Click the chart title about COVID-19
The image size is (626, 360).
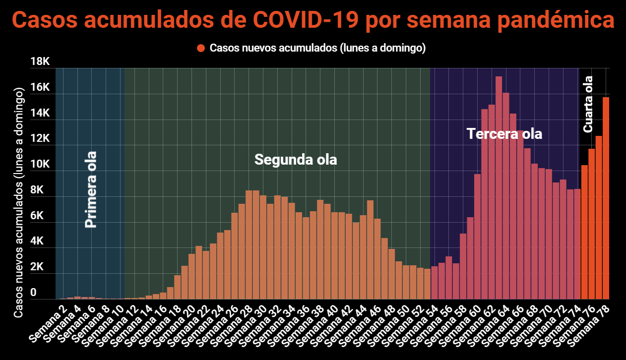(x=313, y=21)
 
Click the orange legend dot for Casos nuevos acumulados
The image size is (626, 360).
(x=201, y=48)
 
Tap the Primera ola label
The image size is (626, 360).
(x=90, y=189)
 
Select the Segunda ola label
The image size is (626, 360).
(x=296, y=160)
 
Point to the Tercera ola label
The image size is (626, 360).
(x=504, y=134)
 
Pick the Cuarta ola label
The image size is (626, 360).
(x=588, y=104)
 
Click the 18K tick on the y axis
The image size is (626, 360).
(x=40, y=61)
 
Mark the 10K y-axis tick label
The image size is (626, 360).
(x=40, y=164)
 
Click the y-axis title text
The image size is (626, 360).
(x=18, y=203)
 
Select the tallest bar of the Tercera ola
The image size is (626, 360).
(x=499, y=188)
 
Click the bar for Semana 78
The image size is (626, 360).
(x=606, y=198)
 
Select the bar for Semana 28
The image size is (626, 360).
(x=249, y=245)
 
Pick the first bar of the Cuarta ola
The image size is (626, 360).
(x=584, y=233)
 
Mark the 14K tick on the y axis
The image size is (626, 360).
(x=40, y=113)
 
